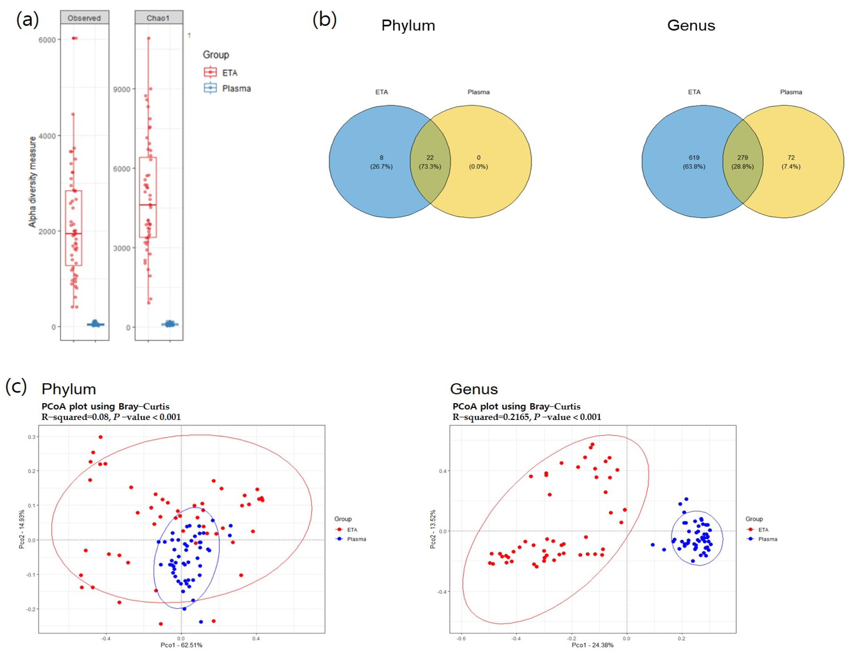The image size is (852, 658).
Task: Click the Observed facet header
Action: (84, 18)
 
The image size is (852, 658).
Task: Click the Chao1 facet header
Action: (158, 18)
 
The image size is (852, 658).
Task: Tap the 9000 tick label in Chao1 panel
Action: (122, 89)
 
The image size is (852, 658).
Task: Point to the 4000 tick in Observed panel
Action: (47, 136)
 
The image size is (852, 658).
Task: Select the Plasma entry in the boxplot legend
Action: (236, 89)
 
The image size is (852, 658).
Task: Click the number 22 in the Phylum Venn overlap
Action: (430, 158)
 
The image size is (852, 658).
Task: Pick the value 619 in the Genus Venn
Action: (694, 158)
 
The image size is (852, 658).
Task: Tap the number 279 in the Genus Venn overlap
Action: (742, 158)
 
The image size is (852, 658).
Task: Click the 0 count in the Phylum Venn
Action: (478, 158)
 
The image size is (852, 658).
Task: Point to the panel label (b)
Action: (325, 20)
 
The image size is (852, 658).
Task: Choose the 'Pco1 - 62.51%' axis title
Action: (181, 645)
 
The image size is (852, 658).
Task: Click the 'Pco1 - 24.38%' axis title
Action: (592, 645)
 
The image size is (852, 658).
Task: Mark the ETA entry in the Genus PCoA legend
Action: (763, 530)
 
